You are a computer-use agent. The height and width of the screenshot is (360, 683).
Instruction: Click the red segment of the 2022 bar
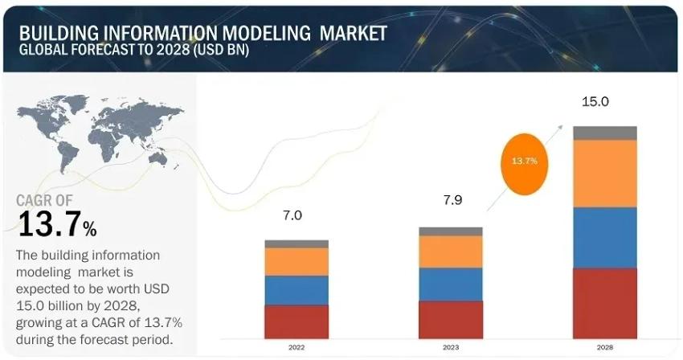point(297,321)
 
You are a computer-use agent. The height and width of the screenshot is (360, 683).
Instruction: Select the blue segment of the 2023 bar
point(451,284)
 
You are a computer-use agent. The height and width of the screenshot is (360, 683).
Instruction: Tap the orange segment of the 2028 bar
point(604,174)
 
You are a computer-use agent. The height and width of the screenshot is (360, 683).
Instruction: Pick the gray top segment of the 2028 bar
point(604,133)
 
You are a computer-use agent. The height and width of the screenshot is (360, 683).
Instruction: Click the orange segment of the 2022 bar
point(297,261)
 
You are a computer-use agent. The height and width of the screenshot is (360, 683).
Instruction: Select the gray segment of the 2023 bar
point(451,231)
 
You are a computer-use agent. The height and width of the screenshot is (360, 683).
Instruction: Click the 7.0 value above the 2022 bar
point(292,215)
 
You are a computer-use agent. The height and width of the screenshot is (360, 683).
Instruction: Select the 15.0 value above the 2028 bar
point(595,102)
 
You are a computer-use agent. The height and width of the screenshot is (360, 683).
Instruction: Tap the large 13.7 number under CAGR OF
point(50,225)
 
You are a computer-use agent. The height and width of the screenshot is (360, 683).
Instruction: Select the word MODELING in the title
point(260,34)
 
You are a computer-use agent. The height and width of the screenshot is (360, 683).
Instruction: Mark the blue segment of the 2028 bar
point(604,237)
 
